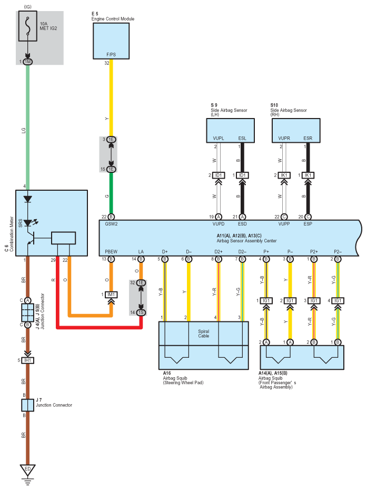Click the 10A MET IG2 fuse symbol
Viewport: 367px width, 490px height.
(28, 26)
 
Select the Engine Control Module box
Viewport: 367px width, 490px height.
(111, 41)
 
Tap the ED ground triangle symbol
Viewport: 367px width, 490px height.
(28, 469)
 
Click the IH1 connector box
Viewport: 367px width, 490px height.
(28, 360)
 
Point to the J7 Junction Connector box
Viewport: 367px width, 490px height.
(28, 405)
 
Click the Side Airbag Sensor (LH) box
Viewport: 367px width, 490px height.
(231, 131)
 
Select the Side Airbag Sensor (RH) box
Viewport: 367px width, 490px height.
(296, 131)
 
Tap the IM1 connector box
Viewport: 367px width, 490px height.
(111, 295)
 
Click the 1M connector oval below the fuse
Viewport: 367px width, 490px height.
(28, 62)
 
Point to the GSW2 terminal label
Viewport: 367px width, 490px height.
(111, 224)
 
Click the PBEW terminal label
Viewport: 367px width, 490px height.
(111, 251)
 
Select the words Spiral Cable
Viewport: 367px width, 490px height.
(204, 334)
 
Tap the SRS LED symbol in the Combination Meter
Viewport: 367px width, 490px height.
(28, 223)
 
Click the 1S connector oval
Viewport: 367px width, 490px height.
(141, 312)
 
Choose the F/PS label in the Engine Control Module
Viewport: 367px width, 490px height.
(111, 55)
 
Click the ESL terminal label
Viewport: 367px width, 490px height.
(242, 138)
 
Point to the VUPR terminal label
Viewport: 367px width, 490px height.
(284, 138)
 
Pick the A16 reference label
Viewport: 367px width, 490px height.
(167, 373)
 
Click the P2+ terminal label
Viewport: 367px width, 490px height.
(314, 251)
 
